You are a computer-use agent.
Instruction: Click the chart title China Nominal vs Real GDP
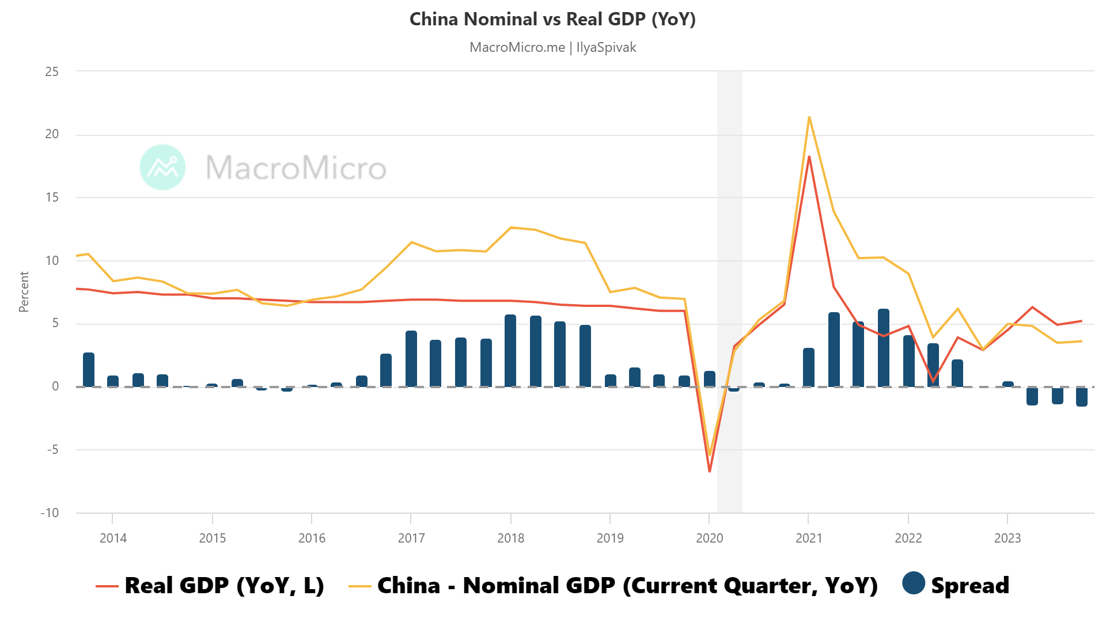tap(552, 19)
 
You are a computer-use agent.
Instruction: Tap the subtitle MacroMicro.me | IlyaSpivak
tap(552, 47)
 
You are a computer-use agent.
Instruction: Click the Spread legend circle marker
tap(914, 583)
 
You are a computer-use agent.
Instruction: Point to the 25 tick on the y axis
tap(52, 71)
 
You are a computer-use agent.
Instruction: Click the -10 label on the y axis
tap(50, 513)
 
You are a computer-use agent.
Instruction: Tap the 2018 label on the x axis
tap(510, 538)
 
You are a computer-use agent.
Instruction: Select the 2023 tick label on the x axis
tap(1007, 538)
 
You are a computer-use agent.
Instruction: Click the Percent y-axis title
tap(24, 292)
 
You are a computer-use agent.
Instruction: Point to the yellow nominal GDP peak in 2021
tap(809, 117)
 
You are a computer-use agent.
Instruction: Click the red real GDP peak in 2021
tap(809, 157)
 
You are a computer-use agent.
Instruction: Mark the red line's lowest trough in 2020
tap(710, 471)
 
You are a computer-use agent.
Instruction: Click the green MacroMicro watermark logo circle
tap(163, 167)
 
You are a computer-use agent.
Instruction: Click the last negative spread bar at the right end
tap(1082, 397)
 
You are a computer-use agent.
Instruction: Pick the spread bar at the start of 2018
tap(510, 351)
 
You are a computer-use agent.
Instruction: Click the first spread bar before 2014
tap(89, 370)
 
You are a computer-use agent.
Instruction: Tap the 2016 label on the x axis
tap(312, 538)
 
